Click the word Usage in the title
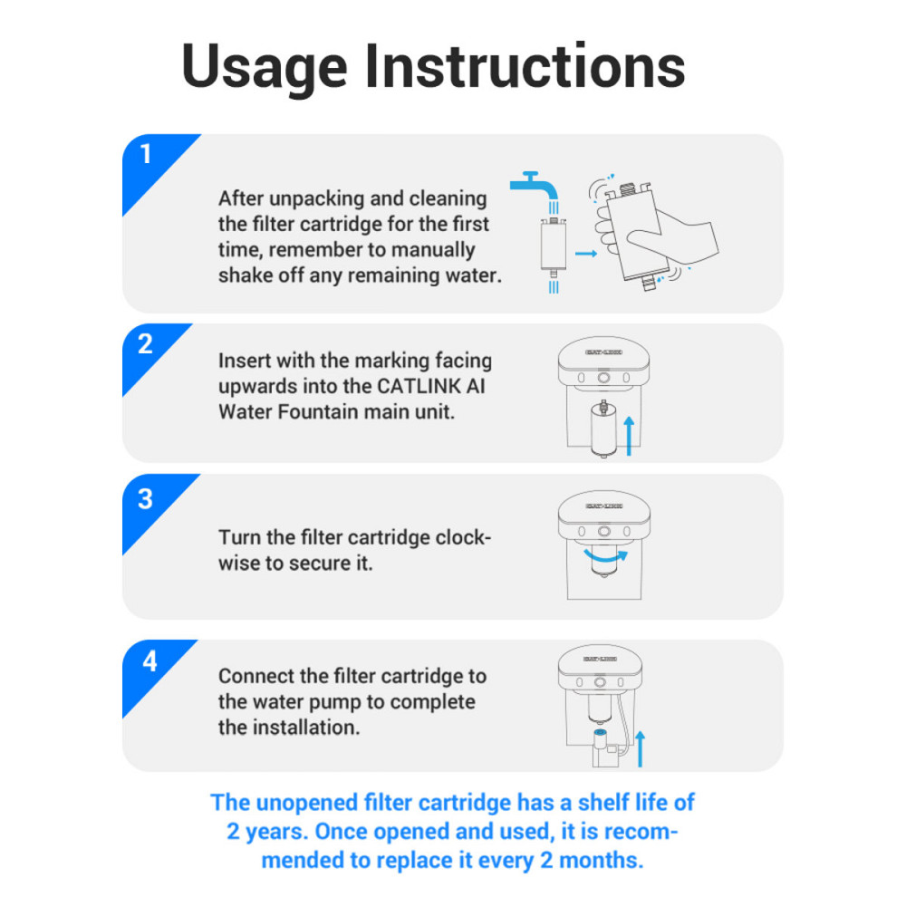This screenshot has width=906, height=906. (x=264, y=68)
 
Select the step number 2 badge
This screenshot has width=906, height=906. (x=146, y=345)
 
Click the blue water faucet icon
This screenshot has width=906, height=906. (x=535, y=187)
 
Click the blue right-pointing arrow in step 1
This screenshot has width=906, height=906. (x=586, y=254)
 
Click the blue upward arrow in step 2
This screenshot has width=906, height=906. (x=630, y=437)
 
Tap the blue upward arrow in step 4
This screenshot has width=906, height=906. (x=640, y=749)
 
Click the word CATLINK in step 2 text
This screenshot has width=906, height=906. (x=419, y=386)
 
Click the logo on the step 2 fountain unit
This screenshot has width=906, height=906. (x=603, y=352)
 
